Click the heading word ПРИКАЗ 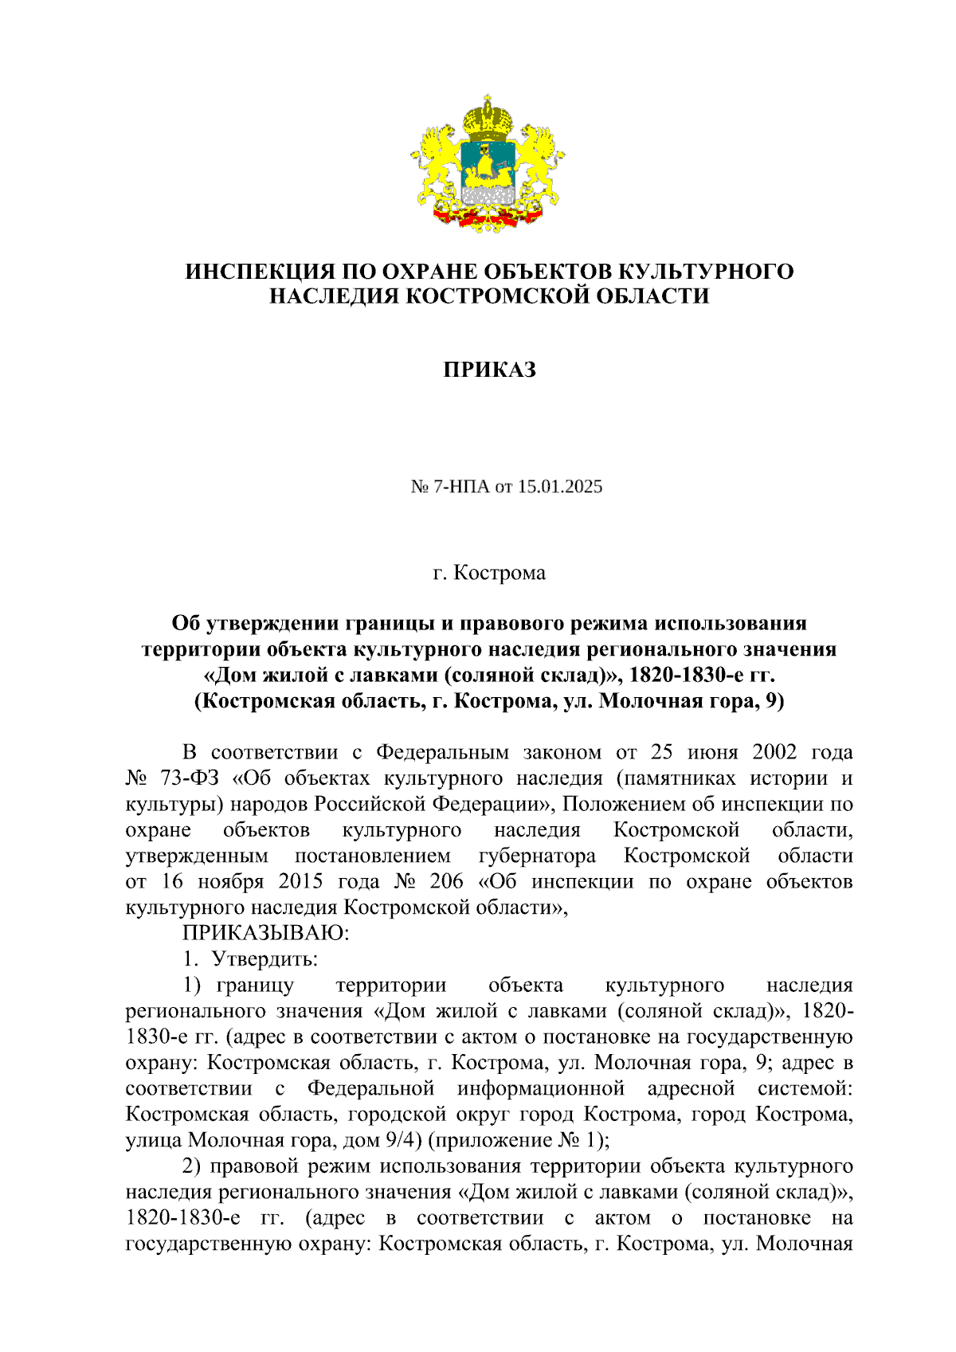(489, 370)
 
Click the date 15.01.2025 (560, 486)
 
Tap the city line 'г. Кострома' (489, 573)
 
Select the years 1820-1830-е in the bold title (688, 675)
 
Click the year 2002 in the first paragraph (774, 753)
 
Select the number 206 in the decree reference (446, 882)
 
